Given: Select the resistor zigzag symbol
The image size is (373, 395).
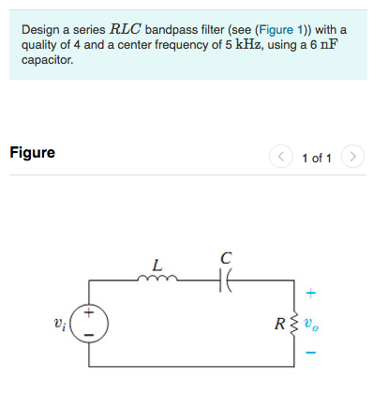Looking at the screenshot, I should point(297,323).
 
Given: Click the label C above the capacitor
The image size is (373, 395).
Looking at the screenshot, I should point(226,257).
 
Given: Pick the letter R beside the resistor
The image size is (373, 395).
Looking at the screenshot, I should point(281,324).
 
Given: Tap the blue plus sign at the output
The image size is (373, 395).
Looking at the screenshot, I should point(312,291).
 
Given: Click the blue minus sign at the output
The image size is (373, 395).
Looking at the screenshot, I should point(312,354).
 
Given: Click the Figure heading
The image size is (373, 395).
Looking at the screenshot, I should point(32,152).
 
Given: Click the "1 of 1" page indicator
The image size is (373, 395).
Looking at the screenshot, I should point(317,158).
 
